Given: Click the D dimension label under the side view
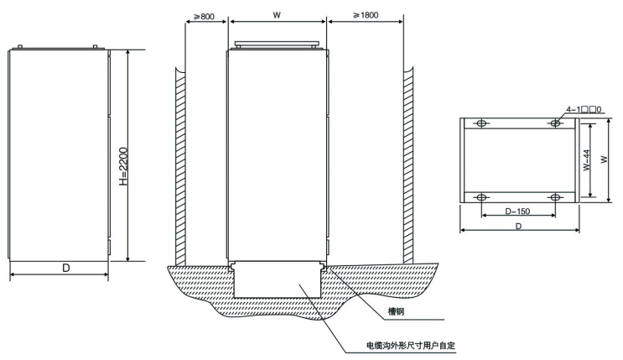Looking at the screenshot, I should tap(59, 269).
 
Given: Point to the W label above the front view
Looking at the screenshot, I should tap(277, 14).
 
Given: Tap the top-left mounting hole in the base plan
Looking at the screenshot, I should tap(481, 123).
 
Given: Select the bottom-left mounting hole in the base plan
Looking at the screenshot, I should tap(481, 197).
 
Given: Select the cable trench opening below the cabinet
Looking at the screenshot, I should tap(277, 281).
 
